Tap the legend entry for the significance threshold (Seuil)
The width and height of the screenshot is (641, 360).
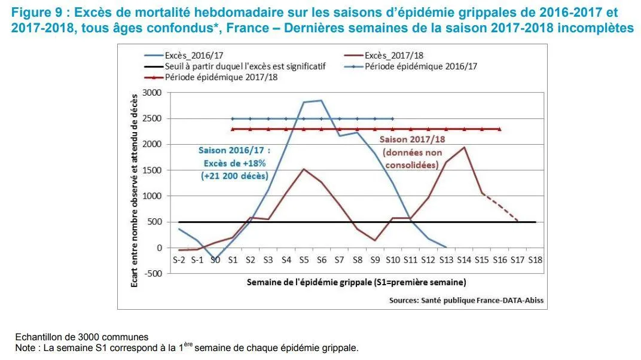click(234, 66)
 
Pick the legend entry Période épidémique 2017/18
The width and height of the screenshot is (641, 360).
click(210, 77)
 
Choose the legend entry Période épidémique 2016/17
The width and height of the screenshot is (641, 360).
click(411, 66)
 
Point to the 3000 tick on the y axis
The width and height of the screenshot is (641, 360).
click(152, 93)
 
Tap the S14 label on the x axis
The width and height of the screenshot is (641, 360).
click(464, 260)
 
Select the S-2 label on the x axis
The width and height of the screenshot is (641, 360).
click(179, 260)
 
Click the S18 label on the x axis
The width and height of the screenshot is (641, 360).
click(535, 260)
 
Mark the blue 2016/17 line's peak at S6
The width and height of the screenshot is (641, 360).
click(321, 100)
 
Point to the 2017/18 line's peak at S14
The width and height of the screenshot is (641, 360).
click(464, 147)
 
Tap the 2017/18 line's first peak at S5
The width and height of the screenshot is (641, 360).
click(304, 169)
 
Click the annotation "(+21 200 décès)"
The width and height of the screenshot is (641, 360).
click(234, 176)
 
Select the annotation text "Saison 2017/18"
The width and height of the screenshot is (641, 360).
click(412, 139)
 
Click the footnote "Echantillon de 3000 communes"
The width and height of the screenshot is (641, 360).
click(82, 337)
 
